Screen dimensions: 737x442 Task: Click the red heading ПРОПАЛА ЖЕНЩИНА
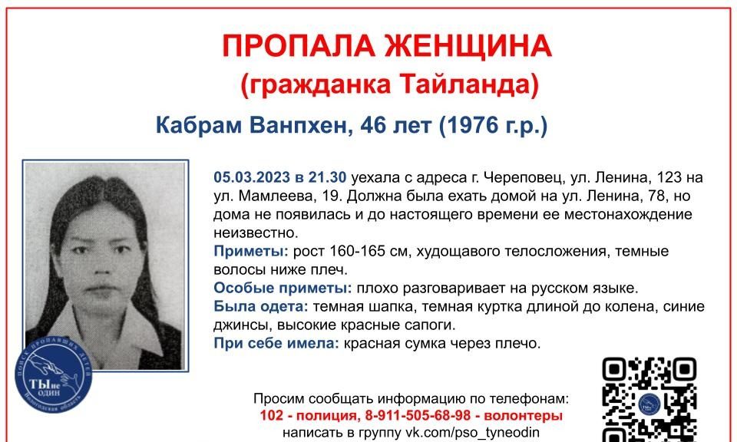click(387, 45)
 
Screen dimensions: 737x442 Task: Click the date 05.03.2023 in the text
click(252, 177)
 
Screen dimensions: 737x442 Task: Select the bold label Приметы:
click(251, 251)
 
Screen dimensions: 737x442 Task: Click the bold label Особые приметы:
click(283, 288)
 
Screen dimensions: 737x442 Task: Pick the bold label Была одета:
click(261, 307)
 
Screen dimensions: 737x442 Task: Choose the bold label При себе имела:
click(276, 343)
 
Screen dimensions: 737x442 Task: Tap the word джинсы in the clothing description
click(243, 325)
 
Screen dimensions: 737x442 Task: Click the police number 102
click(272, 416)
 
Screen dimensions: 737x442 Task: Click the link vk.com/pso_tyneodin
click(473, 433)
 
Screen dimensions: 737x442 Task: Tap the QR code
click(649, 400)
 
